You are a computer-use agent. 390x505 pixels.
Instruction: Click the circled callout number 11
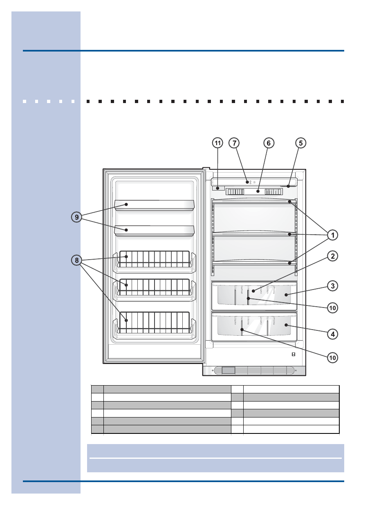click(217, 143)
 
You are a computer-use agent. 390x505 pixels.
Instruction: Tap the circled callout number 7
click(234, 143)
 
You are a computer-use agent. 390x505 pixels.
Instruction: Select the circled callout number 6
click(269, 143)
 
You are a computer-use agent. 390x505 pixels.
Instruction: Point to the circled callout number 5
click(301, 143)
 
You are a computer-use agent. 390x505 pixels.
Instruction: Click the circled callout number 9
click(76, 217)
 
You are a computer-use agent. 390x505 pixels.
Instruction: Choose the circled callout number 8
click(76, 260)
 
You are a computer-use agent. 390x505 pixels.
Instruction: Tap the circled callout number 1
click(333, 235)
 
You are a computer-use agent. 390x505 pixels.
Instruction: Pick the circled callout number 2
click(333, 256)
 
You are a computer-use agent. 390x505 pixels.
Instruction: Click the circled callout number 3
click(333, 286)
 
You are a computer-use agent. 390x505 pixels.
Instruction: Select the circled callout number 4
click(333, 334)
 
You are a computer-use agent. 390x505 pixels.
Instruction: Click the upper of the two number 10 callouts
click(333, 308)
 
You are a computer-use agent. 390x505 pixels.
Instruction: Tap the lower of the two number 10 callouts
click(333, 358)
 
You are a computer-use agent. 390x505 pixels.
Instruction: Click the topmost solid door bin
click(154, 205)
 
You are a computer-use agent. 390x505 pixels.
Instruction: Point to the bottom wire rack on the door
click(155, 323)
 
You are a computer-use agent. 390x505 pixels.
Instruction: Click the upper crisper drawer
click(254, 295)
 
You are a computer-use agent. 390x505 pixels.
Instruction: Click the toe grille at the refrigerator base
click(254, 371)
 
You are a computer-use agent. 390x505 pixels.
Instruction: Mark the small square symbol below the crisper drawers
click(294, 355)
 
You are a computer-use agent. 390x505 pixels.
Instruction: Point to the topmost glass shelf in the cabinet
click(254, 202)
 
